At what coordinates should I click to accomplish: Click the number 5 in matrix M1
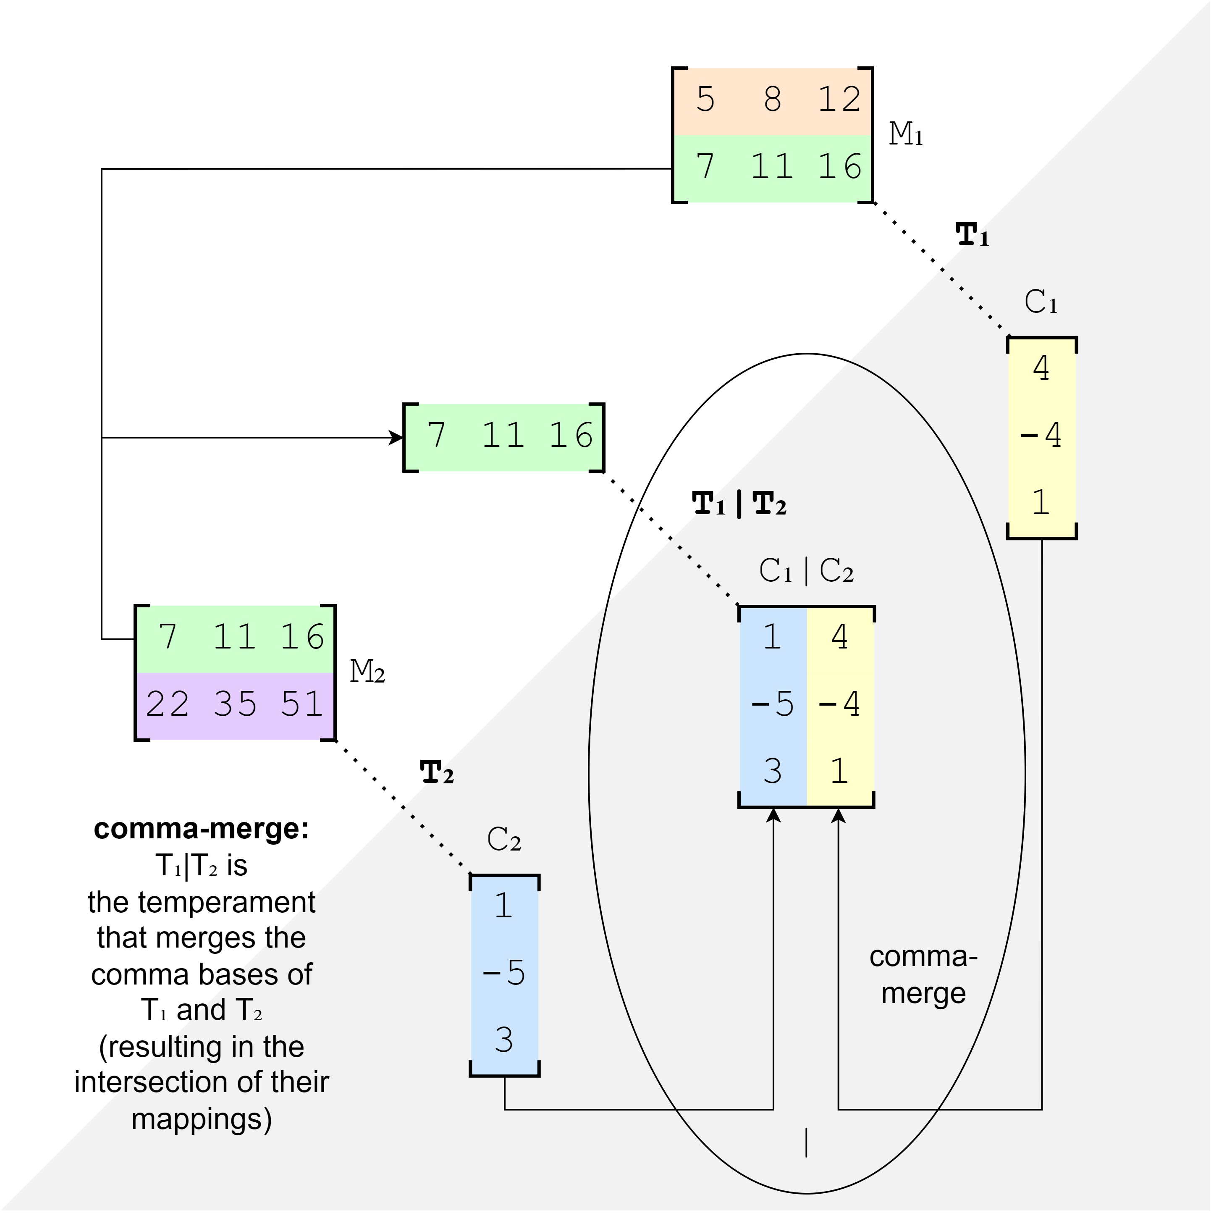point(705,99)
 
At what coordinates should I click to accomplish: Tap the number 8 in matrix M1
point(772,99)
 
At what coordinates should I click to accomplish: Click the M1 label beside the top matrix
point(905,134)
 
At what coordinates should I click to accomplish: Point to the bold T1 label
point(972,235)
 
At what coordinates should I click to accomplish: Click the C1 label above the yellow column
point(1040,302)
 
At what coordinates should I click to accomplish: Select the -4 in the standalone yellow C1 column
point(1040,434)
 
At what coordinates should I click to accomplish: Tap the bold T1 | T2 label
point(739,504)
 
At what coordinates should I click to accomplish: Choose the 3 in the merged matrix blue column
point(772,771)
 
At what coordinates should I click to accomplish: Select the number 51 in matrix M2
point(301,704)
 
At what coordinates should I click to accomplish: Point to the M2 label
point(367,672)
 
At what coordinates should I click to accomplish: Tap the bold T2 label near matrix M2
point(436,772)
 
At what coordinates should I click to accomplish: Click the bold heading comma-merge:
point(202,829)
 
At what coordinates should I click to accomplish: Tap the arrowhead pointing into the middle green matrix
point(397,438)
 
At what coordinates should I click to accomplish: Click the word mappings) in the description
point(202,1119)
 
